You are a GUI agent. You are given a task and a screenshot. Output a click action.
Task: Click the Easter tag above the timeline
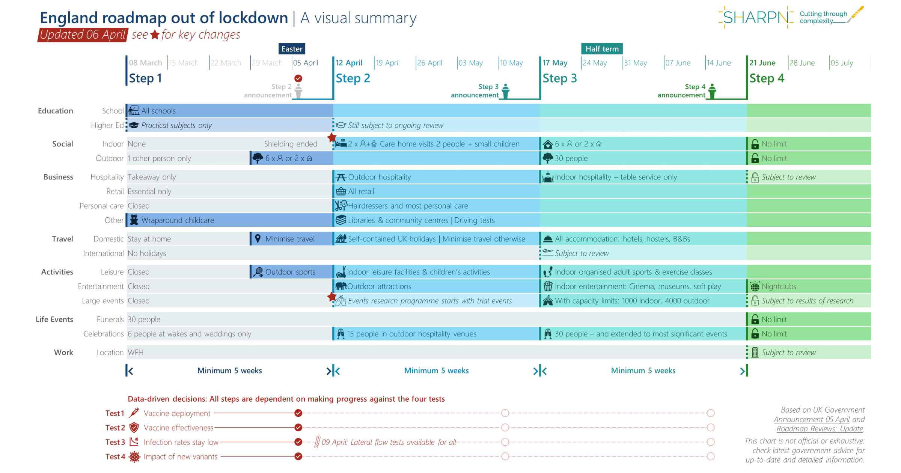(292, 49)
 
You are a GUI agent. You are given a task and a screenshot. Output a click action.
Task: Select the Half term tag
(602, 49)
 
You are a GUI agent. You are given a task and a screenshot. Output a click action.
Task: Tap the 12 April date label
(349, 63)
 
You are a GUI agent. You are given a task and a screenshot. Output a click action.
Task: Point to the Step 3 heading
(559, 78)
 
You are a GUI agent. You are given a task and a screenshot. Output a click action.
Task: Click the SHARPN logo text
(755, 17)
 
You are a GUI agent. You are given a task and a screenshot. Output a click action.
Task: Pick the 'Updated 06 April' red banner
(83, 35)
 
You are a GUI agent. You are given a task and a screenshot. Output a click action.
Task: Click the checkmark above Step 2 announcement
(298, 78)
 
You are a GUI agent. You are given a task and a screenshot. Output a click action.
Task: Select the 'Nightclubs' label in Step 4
(779, 286)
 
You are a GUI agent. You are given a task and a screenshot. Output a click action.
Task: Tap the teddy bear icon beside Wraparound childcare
(134, 220)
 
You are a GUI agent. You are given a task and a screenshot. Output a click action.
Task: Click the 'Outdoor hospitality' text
(379, 177)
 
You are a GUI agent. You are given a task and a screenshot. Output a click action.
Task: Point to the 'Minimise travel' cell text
(290, 239)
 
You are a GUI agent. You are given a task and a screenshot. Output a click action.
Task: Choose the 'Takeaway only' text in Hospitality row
(152, 177)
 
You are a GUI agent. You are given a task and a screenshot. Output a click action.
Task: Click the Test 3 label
(115, 442)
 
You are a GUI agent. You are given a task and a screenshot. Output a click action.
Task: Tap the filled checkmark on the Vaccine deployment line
(298, 413)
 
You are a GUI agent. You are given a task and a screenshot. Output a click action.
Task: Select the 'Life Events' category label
(54, 319)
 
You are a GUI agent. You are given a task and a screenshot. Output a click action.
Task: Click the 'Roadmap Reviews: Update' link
(820, 429)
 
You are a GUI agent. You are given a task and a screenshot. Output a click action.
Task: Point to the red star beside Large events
(331, 297)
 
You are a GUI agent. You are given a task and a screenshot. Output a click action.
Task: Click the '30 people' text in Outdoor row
(571, 158)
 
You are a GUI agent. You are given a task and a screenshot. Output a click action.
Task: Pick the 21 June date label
(762, 63)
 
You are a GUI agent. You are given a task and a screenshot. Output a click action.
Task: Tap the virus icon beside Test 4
(134, 457)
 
